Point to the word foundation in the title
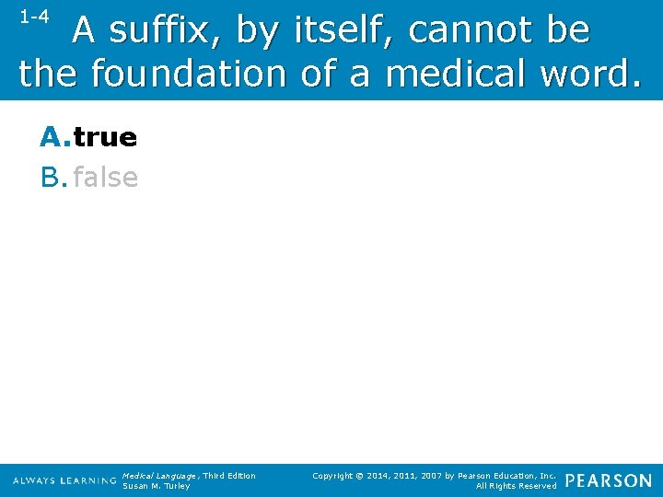189,73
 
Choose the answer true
105,138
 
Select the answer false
105,177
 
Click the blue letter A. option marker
54,138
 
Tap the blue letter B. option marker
54,177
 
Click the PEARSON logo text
608,480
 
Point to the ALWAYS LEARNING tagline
64,480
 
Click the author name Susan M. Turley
157,486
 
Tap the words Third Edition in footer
230,476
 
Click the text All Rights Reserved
517,486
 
